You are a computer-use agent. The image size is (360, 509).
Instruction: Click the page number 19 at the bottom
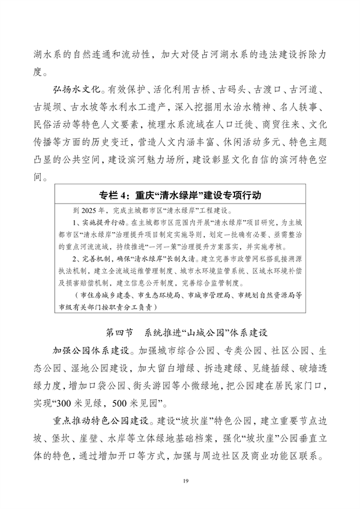coord(180,480)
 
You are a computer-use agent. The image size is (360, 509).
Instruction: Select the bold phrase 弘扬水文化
coord(77,91)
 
